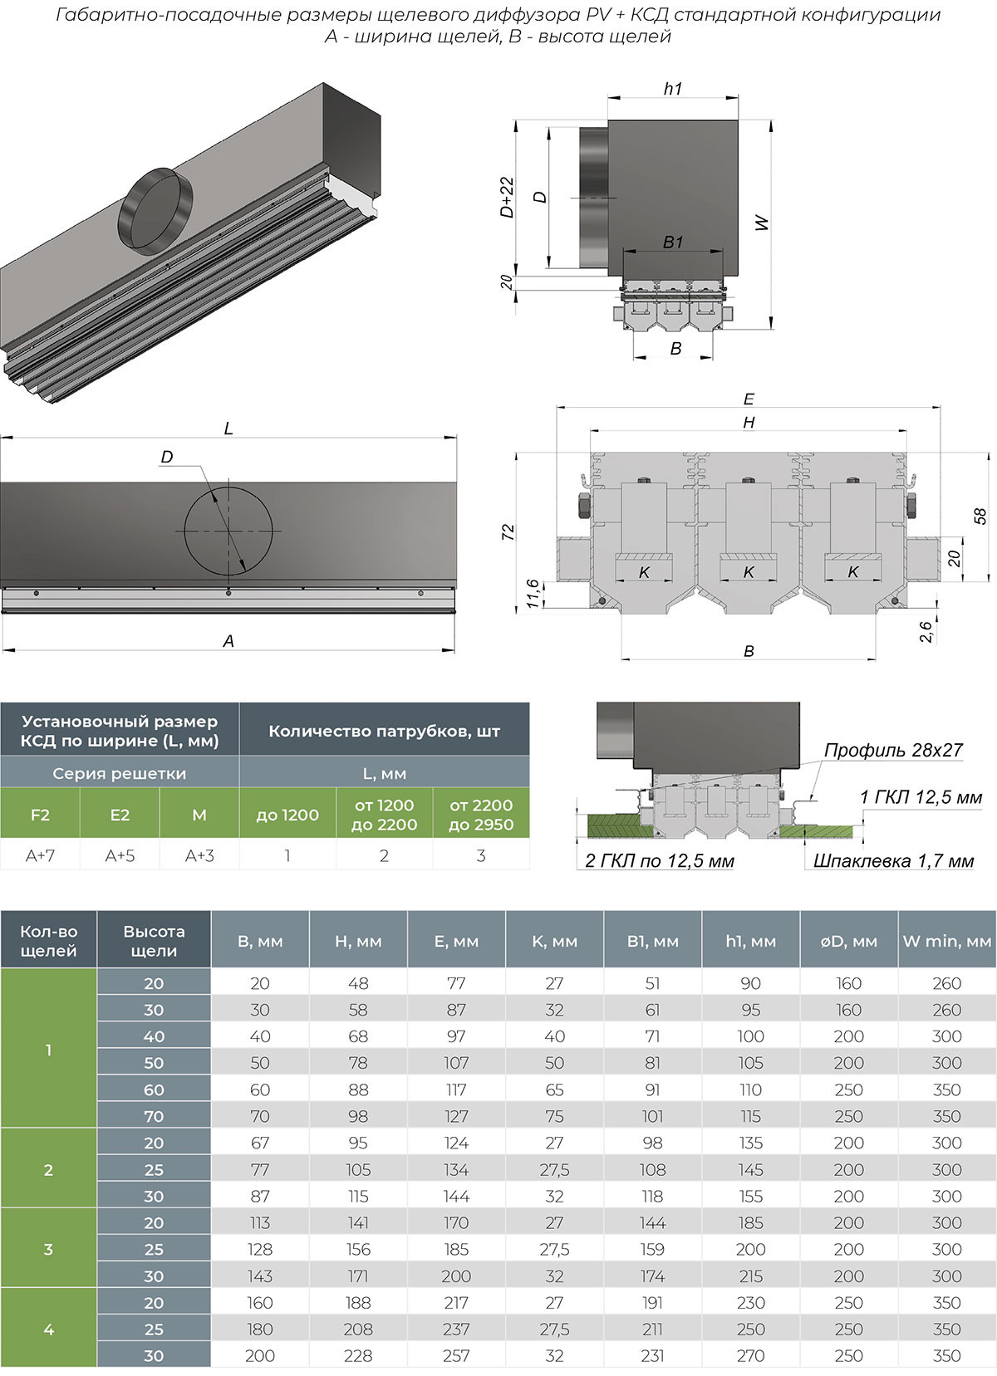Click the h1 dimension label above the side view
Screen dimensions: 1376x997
pos(673,89)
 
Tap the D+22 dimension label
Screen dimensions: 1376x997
pos(507,197)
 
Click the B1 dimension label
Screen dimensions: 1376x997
pos(673,242)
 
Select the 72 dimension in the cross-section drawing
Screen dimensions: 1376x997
pos(508,532)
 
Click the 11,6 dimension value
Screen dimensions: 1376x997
pos(533,594)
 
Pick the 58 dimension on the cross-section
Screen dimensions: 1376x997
pos(980,516)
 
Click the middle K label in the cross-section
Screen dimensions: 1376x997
pos(748,572)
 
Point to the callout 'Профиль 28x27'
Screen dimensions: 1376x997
pos(892,750)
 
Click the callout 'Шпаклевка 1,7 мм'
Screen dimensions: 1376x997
pos(893,861)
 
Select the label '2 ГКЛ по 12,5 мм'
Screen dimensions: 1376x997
pos(660,861)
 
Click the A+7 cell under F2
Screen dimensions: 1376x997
pos(40,855)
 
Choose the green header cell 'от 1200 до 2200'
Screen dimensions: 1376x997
pos(384,815)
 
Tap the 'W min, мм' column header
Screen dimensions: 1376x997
pos(947,941)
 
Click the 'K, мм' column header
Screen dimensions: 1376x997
pos(554,941)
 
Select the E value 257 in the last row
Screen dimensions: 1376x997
pos(456,1355)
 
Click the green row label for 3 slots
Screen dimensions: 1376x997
pos(48,1249)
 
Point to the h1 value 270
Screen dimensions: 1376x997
pos(750,1355)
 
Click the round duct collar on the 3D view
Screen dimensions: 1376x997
pos(155,210)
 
